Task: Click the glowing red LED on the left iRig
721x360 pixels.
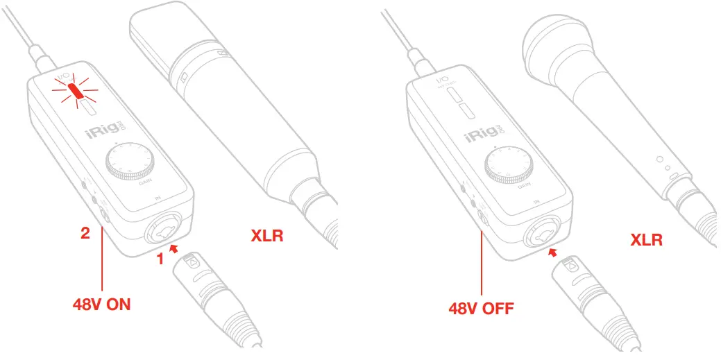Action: coord(75,89)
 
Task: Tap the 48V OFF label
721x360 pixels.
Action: coord(481,307)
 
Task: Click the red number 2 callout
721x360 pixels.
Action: coord(85,234)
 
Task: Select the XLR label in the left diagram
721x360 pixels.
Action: coord(266,237)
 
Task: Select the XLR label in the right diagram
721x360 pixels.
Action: coord(646,240)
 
